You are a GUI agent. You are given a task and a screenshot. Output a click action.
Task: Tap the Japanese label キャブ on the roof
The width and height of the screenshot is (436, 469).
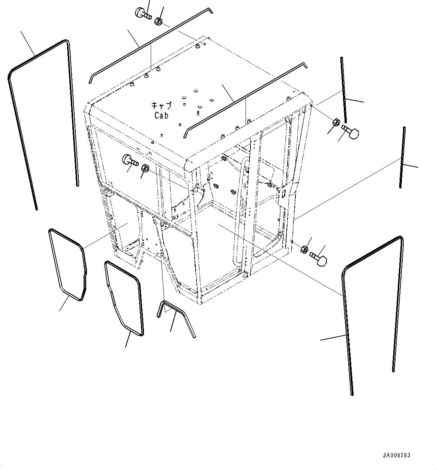click(161, 106)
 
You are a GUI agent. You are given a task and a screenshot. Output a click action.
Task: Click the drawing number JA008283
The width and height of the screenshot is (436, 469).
click(396, 456)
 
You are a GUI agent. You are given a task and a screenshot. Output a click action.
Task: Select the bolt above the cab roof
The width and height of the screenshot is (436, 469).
click(142, 13)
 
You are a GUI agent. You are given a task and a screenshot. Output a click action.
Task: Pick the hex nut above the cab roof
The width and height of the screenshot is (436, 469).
click(158, 21)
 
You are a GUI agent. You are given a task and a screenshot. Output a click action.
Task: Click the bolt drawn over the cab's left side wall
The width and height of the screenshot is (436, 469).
click(129, 161)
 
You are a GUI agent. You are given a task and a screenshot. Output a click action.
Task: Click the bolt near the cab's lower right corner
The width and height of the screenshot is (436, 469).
click(319, 259)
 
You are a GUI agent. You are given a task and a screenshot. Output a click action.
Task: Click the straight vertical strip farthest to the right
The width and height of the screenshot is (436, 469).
click(403, 157)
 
